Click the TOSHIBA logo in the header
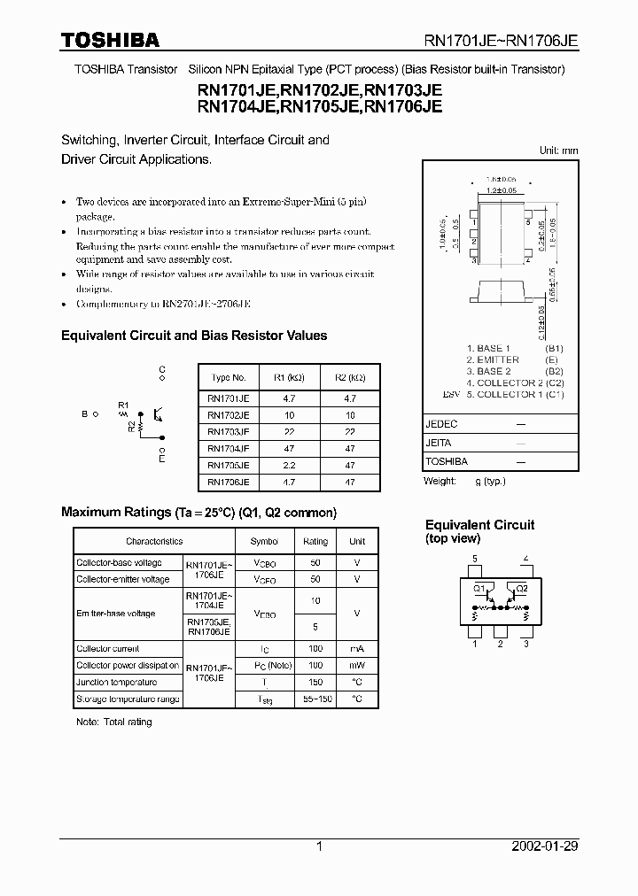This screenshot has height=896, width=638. [110, 40]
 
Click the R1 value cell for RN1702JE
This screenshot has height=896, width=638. [290, 414]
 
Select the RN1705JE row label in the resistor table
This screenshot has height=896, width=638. [228, 465]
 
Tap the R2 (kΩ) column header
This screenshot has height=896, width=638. [350, 377]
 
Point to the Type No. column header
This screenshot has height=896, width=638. [228, 377]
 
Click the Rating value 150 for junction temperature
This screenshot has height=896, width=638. [315, 683]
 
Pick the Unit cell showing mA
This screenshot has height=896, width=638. [357, 649]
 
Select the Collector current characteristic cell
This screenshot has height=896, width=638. [108, 649]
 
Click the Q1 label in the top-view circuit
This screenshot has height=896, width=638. [479, 588]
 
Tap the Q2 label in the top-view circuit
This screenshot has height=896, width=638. [521, 588]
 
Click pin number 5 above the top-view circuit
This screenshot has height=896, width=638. [475, 559]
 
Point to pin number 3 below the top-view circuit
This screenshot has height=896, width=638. [525, 644]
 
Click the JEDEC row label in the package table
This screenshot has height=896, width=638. [441, 424]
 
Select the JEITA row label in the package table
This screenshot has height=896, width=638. [439, 443]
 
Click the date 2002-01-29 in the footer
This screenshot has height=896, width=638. [544, 846]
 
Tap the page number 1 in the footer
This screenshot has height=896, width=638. [319, 846]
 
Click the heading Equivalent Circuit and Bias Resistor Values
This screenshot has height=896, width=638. [193, 336]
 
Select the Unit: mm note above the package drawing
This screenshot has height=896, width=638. [558, 151]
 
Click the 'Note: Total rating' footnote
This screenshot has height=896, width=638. [114, 722]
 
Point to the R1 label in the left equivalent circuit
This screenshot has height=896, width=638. [123, 404]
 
